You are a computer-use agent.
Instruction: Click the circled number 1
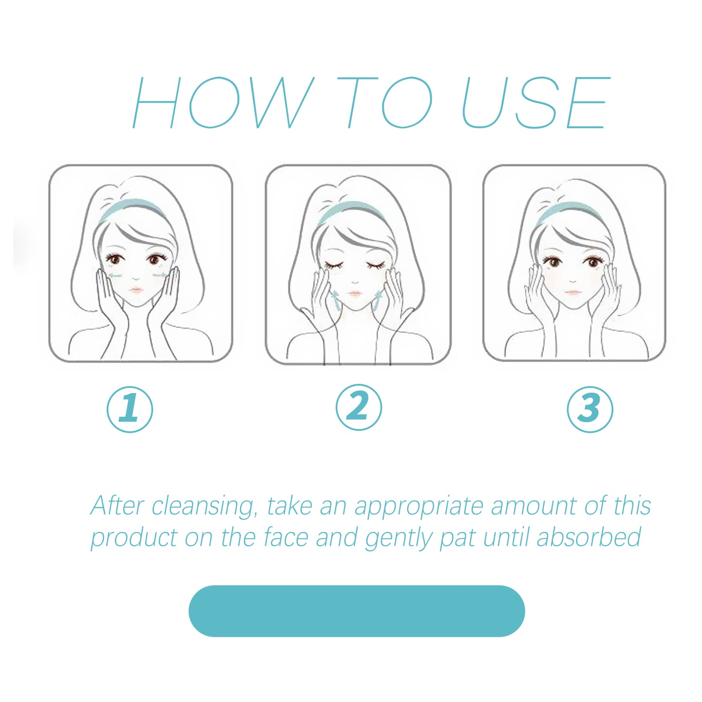[x=130, y=409]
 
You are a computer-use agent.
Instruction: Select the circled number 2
[x=359, y=407]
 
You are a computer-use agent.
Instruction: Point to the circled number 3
[x=590, y=409]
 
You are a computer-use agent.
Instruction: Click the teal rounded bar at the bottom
[x=357, y=611]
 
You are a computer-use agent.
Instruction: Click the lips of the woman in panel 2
[x=355, y=294]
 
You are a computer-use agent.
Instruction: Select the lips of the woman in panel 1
[x=136, y=290]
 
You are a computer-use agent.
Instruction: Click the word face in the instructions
[x=286, y=537]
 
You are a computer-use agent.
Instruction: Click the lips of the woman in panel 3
[x=573, y=292]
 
